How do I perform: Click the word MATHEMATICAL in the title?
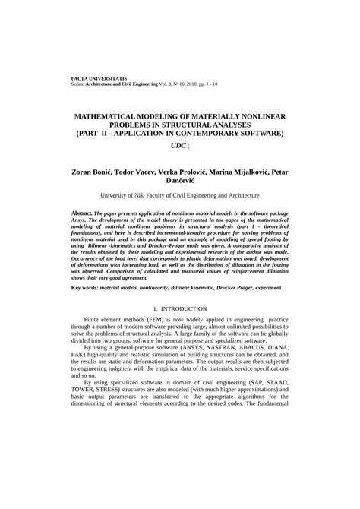coord(110,119)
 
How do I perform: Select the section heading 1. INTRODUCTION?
coord(180,330)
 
